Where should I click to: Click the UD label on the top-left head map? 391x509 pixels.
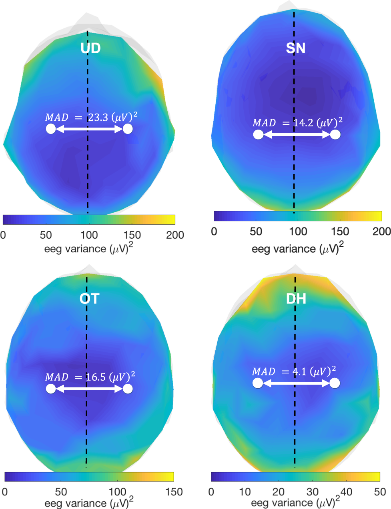click(x=90, y=48)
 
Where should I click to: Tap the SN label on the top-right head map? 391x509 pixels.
click(x=296, y=48)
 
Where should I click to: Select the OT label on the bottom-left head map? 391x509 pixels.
click(x=89, y=299)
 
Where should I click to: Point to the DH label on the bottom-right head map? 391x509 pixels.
click(x=296, y=299)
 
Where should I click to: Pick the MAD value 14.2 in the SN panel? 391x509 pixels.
click(x=303, y=123)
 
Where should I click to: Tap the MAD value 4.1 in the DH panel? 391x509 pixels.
click(x=299, y=372)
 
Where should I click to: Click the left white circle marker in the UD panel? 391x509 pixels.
click(x=51, y=129)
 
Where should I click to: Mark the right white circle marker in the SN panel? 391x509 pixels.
click(x=335, y=134)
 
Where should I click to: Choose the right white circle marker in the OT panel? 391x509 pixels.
click(x=128, y=389)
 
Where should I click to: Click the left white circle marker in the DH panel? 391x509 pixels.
click(x=258, y=383)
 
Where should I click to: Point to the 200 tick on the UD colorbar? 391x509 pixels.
click(x=175, y=235)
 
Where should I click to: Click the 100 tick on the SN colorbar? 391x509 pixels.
click(x=298, y=232)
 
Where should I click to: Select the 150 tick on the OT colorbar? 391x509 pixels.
click(x=174, y=492)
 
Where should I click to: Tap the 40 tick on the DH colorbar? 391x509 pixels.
click(x=346, y=492)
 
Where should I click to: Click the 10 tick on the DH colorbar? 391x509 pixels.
click(x=245, y=492)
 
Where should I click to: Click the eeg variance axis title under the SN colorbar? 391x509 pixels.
click(x=297, y=248)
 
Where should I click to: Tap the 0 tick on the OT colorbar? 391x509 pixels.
click(x=5, y=492)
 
